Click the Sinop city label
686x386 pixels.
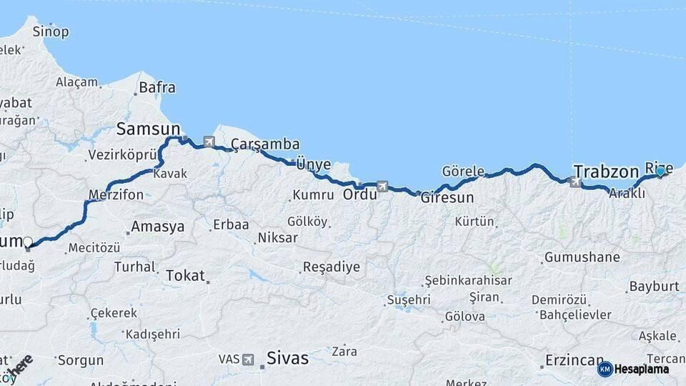pos(51,31)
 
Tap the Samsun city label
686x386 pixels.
pos(149,129)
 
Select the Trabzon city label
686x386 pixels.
pos(606,172)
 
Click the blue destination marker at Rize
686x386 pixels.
pos(660,171)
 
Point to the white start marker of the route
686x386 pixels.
pos(28,243)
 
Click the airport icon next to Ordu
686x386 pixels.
pos(382,187)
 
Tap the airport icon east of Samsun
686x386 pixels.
pos(209,142)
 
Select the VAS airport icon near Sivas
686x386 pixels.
pos(248,359)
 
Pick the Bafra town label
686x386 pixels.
pos(156,88)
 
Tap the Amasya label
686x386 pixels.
pos(157,227)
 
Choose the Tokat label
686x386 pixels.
pos(185,275)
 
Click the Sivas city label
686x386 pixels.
pos(287,358)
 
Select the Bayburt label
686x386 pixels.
pos(654,287)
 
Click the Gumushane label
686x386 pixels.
pos(582,257)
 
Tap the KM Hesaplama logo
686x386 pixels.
pos(633,369)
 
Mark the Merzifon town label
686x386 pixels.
pos(116,194)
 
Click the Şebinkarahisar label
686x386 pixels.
pos(468,280)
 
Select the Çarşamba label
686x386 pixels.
pos(265,144)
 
